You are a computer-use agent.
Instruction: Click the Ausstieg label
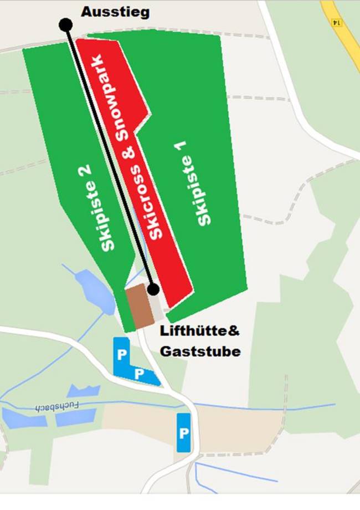pos(115,12)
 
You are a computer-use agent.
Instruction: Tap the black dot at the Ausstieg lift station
pos(66,24)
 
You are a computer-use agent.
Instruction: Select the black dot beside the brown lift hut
pos(153,289)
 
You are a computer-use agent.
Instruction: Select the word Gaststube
pos(200,351)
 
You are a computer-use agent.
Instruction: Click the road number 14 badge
pos(336,23)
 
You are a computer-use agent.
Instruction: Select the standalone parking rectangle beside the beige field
pos(183,432)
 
